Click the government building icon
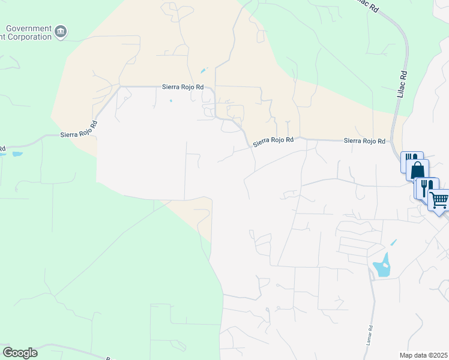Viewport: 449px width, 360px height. point(61,31)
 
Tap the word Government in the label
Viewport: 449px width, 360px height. point(28,28)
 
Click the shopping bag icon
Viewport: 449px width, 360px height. point(417,170)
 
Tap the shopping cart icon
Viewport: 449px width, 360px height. point(440,200)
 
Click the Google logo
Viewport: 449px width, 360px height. point(20,353)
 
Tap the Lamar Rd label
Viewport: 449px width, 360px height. point(370,334)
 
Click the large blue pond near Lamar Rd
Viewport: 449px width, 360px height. point(382,267)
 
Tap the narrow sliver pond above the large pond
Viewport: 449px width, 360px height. point(393,242)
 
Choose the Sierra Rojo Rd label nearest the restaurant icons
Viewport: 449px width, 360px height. point(364,140)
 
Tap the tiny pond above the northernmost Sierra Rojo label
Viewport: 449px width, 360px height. point(203,70)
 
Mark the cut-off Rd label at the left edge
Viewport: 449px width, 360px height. point(2,149)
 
